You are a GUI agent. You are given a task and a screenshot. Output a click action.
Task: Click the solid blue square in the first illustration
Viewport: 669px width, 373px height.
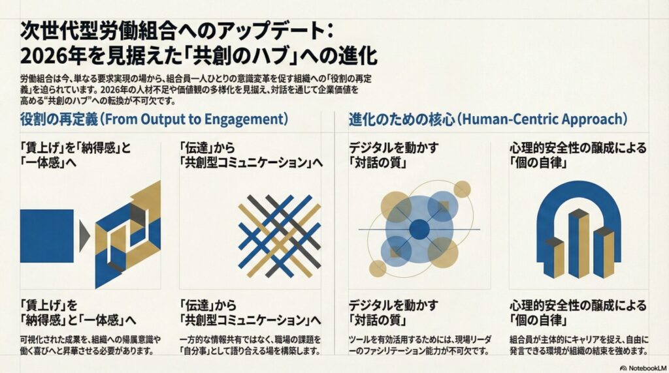point(47,236)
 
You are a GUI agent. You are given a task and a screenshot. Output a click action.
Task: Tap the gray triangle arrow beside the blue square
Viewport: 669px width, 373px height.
point(84,235)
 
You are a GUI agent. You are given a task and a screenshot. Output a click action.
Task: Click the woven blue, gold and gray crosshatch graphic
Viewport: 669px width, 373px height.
point(280,236)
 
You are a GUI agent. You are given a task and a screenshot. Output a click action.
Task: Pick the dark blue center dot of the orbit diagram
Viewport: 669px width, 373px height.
point(419,230)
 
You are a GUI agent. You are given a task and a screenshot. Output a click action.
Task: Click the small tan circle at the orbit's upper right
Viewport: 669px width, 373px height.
point(462,189)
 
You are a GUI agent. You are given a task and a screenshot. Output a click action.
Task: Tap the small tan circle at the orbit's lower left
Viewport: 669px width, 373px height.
point(378,268)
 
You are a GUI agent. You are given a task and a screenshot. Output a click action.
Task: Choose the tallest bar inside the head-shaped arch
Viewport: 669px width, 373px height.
point(579,243)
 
